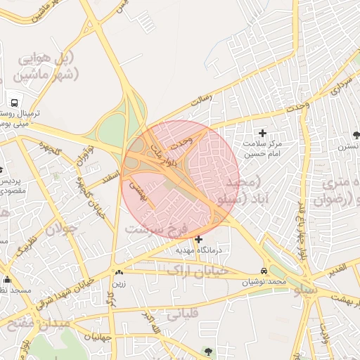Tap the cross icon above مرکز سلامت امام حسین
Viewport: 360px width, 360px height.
pos(263,132)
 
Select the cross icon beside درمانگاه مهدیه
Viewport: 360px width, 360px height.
pos(198,239)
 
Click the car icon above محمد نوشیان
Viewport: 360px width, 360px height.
pos(264,271)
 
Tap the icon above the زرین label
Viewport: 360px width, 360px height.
pos(118,273)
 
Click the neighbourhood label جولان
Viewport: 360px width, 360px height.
pos(60,229)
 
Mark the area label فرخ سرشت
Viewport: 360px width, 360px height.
pos(154,230)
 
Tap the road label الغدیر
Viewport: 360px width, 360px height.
pos(337,270)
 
